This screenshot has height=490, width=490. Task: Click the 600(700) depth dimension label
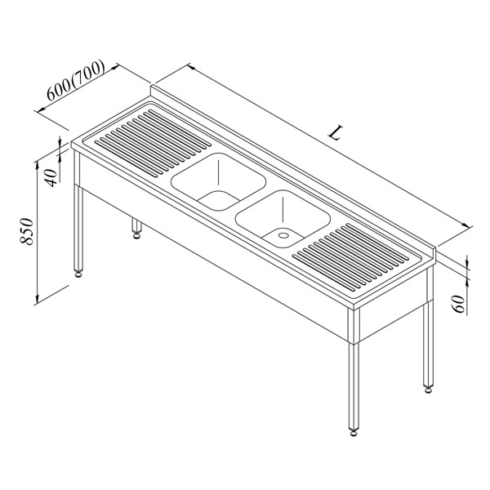76,80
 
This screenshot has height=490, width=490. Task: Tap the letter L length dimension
336,132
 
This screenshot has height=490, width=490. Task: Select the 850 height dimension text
27,231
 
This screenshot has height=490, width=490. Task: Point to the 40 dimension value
52,177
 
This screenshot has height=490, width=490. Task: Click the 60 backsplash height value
459,304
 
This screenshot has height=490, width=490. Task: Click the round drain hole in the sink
283,234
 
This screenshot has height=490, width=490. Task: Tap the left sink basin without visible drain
218,182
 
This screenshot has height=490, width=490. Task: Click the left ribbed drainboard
153,142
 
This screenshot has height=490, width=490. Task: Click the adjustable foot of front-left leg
78,274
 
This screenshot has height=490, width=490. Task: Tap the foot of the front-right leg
354,433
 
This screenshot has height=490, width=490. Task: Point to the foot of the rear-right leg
428,390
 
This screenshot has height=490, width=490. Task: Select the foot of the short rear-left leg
136,235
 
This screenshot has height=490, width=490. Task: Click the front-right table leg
354,370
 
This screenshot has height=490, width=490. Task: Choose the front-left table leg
78,212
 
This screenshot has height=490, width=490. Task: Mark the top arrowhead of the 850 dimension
37,164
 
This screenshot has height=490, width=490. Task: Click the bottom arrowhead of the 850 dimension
37,300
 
